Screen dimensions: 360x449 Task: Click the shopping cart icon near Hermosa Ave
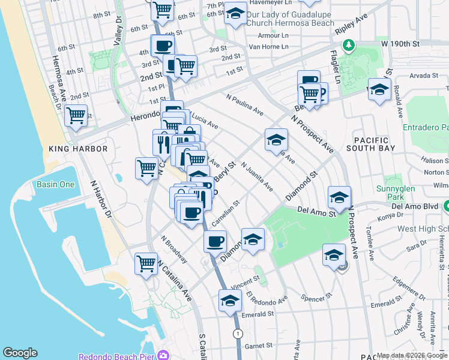click(x=76, y=115)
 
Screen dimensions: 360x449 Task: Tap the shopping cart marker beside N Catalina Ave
click(x=146, y=263)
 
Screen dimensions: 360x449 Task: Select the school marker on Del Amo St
click(x=339, y=197)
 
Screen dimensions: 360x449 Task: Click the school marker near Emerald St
click(x=230, y=301)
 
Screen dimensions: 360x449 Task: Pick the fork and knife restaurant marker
click(x=161, y=143)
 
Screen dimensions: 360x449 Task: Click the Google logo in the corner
click(x=20, y=353)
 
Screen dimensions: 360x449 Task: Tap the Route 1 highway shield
click(x=238, y=333)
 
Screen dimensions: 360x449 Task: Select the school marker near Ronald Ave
click(x=379, y=90)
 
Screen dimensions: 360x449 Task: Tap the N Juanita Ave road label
click(x=256, y=176)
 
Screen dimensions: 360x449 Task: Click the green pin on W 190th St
click(x=348, y=45)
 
